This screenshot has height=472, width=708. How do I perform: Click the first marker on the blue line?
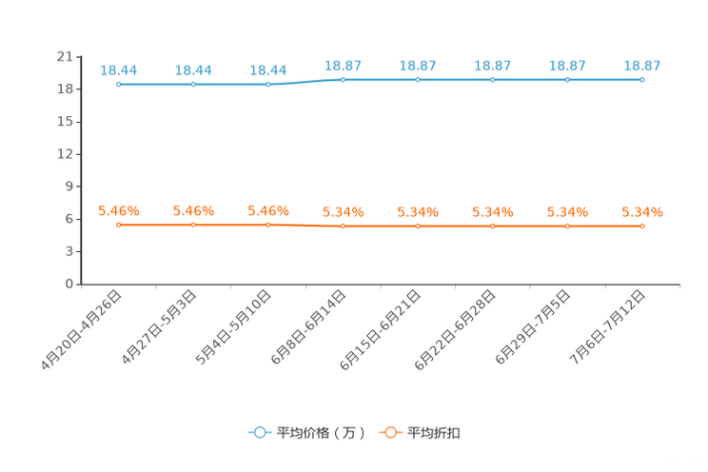pos(118,85)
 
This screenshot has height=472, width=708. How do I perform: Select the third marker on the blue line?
pos(268,85)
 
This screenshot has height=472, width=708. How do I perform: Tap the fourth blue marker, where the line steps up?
pos(343,80)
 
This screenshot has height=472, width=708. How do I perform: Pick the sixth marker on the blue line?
pos(492,80)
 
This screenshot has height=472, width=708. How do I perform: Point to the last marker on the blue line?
pos(642,80)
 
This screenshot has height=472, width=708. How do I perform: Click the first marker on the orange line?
pos(118,224)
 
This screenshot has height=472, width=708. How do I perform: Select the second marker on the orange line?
pos(193,224)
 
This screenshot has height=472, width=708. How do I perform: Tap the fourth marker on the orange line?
pos(343,226)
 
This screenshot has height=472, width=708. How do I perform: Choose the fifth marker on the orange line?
pos(418,226)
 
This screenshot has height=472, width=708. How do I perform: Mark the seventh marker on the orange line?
pos(567,226)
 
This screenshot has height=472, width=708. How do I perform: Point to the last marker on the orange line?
pos(642,226)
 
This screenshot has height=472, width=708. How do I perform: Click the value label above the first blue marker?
pos(119,69)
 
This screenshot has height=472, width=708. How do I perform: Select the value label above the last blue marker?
pos(642,66)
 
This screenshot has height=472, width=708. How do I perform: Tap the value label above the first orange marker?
pos(119,209)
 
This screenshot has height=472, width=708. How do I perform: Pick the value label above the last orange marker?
pos(642,211)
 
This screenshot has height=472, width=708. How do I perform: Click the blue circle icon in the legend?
pos(260,432)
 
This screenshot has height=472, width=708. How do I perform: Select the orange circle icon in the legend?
pos(390,432)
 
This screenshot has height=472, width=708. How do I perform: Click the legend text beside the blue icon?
pos(321,433)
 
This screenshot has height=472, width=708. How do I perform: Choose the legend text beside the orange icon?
pos(435,433)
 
